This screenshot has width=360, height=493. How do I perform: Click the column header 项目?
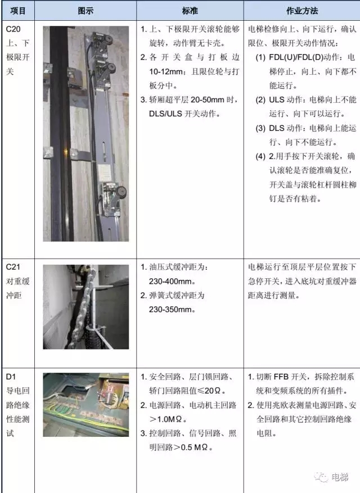pos(17,11)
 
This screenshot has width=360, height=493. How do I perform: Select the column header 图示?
pos(85,11)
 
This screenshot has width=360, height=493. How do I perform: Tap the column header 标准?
pos(190,11)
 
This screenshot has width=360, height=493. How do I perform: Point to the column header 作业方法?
pos(302,11)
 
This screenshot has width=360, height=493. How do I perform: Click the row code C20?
pos(13,29)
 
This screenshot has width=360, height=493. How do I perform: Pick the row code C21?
pos(13,267)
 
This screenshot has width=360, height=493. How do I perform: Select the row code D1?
pos(11,376)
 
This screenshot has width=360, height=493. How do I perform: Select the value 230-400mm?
pos(170,281)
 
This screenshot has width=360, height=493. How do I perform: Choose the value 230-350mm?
pos(170,309)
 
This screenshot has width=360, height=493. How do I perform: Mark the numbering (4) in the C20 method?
pos(260,156)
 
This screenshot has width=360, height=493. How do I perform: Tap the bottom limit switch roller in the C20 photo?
pos(121,192)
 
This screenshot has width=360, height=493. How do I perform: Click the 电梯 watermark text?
pos(340,477)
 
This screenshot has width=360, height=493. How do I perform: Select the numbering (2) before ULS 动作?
pos(260,100)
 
